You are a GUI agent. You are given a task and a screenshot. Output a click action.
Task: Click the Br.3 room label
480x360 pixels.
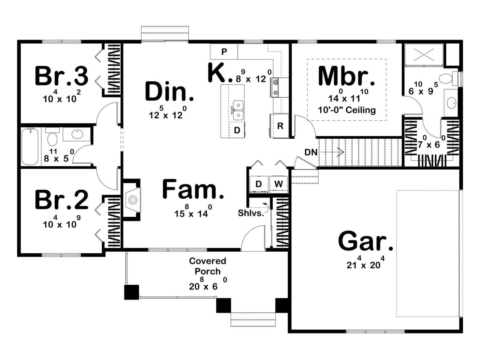coord(62,76)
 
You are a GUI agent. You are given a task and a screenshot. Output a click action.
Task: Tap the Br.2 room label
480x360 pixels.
coord(62,199)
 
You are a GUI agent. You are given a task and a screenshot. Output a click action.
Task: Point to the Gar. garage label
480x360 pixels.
coord(365,242)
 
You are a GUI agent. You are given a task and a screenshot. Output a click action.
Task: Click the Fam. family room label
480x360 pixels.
coord(193,189)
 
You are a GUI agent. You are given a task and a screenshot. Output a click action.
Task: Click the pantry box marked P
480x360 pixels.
coord(224,52)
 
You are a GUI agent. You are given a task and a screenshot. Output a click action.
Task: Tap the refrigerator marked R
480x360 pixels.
coord(280,126)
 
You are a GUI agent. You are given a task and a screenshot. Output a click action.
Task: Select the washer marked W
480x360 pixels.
coord(278,184)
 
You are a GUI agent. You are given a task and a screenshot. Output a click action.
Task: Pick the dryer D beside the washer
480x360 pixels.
coord(259,184)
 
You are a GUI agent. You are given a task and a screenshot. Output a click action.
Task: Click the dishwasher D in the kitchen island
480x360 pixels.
coord(237,130)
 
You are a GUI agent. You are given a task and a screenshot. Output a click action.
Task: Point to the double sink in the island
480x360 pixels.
coord(238,110)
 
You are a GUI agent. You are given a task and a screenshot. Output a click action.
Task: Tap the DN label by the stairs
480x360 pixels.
coord(311,152)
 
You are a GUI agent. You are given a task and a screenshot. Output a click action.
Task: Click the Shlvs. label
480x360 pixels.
coord(251,213)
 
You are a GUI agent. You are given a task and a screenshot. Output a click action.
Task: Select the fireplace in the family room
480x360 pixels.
coord(133,199)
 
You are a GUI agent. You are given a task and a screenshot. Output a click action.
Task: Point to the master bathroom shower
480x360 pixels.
coord(424,55)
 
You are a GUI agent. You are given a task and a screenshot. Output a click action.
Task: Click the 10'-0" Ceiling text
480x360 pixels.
coord(347,110)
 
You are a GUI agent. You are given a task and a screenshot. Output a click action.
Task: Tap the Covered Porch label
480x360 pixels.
coord(208,266)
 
